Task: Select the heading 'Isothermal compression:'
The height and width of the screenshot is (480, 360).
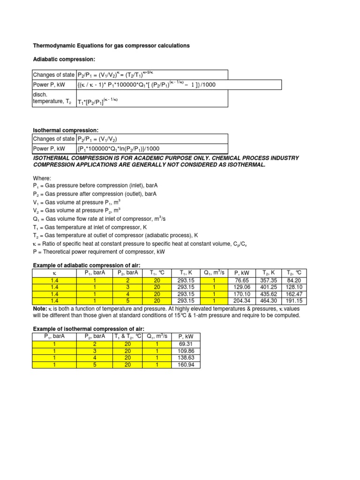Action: (x=66, y=130)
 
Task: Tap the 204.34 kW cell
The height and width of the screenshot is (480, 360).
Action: (x=242, y=300)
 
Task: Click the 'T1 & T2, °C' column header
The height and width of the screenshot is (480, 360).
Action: (x=128, y=337)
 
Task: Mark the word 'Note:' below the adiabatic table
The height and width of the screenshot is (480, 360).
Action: (x=39, y=309)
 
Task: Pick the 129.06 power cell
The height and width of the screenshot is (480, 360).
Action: (x=242, y=287)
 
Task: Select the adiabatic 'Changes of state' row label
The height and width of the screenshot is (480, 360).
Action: (x=53, y=75)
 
